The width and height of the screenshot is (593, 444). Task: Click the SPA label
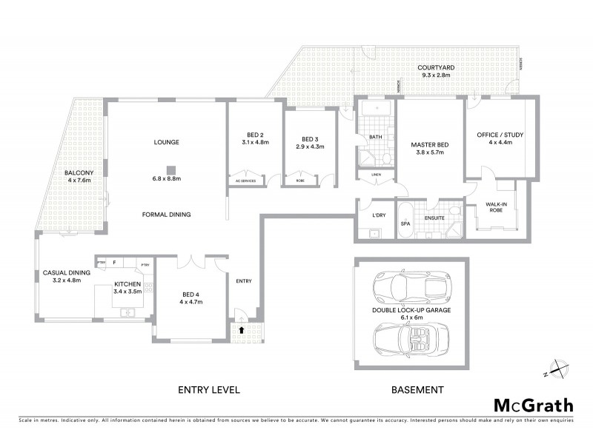pyautogui.click(x=405, y=223)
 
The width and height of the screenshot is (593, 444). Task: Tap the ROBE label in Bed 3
pyautogui.click(x=299, y=181)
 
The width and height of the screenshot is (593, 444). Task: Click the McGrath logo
pyautogui.click(x=534, y=406)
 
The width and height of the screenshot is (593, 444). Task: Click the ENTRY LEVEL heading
pyautogui.click(x=209, y=389)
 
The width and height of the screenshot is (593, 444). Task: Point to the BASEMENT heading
pyautogui.click(x=417, y=389)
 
